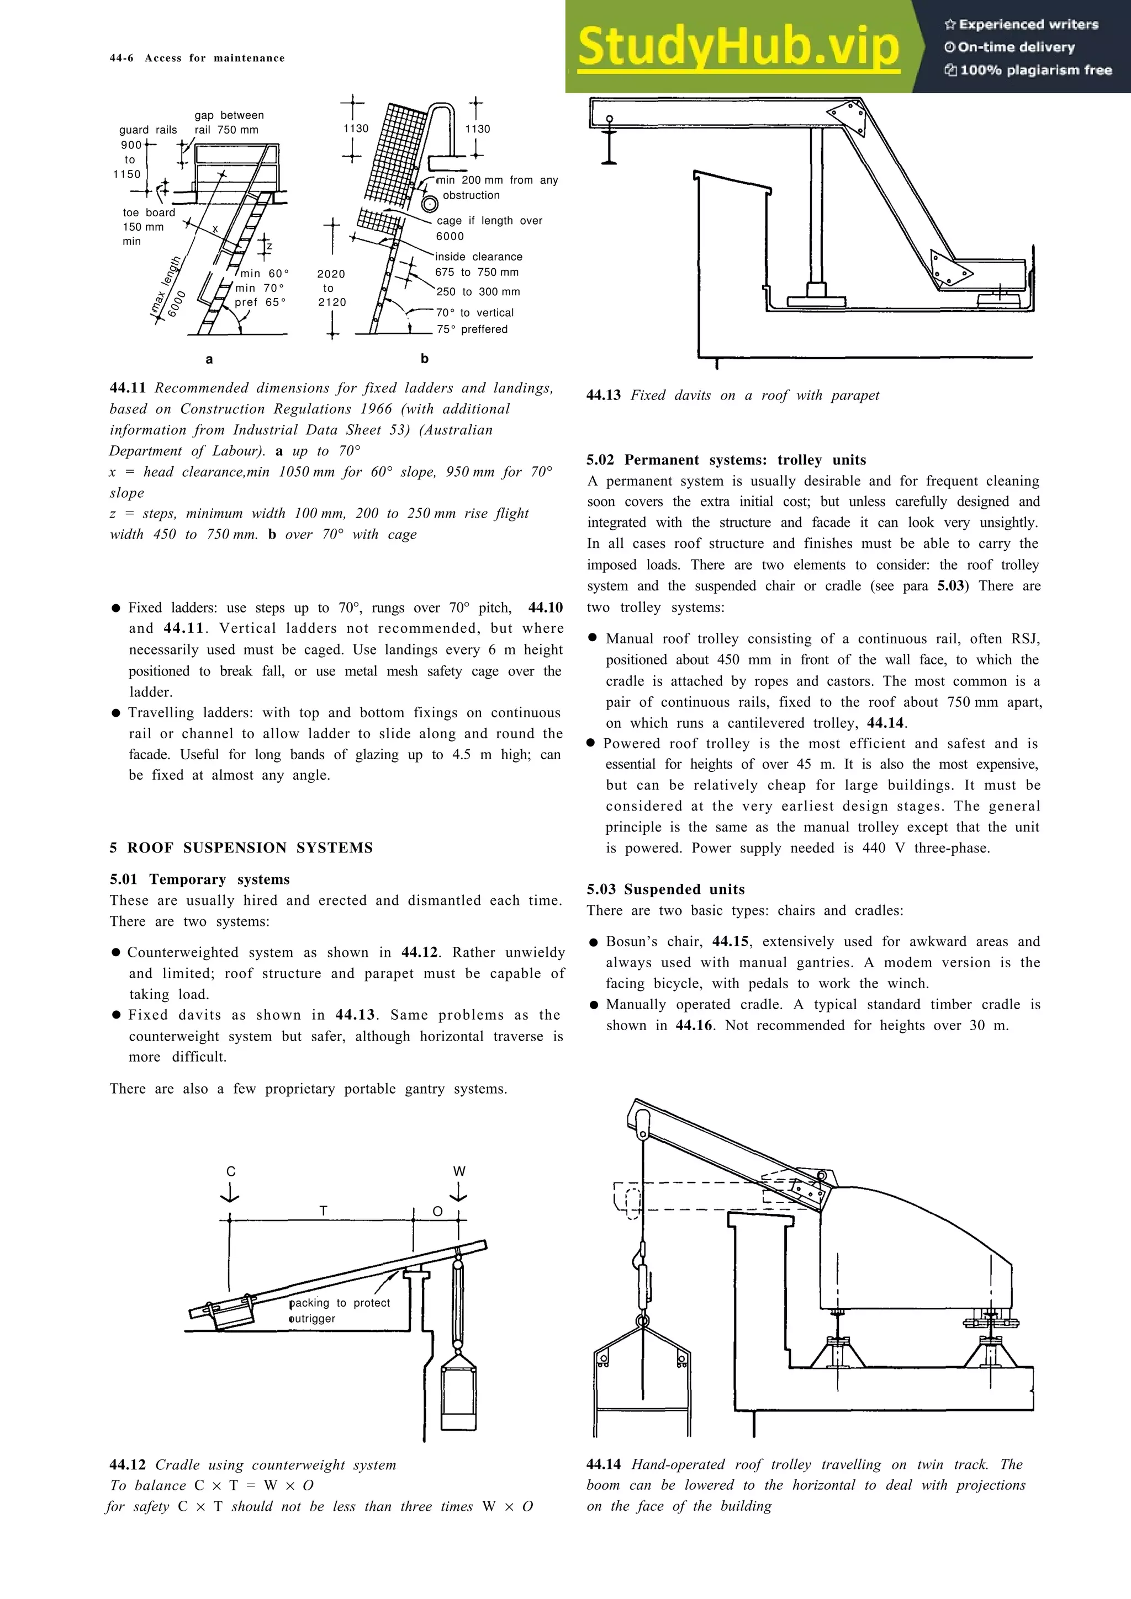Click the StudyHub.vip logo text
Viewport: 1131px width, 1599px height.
739,47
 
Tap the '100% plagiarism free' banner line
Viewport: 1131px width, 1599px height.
1029,70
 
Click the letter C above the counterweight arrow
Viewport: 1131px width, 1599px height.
231,1171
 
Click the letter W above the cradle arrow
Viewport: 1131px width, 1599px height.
458,1171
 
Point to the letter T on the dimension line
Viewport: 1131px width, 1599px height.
324,1212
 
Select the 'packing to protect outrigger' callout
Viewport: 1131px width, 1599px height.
340,1310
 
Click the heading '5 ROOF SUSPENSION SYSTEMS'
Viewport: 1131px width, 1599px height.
241,848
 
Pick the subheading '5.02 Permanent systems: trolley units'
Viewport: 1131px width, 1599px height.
726,460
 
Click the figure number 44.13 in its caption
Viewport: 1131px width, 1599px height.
604,396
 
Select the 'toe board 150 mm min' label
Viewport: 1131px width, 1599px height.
148,226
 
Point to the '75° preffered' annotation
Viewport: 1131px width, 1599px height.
472,329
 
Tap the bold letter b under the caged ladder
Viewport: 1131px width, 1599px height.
424,359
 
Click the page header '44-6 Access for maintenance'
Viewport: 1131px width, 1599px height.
197,58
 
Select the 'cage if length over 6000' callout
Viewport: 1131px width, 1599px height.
489,228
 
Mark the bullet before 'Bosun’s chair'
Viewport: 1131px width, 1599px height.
594,943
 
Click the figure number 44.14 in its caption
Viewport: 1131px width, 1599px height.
604,1464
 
